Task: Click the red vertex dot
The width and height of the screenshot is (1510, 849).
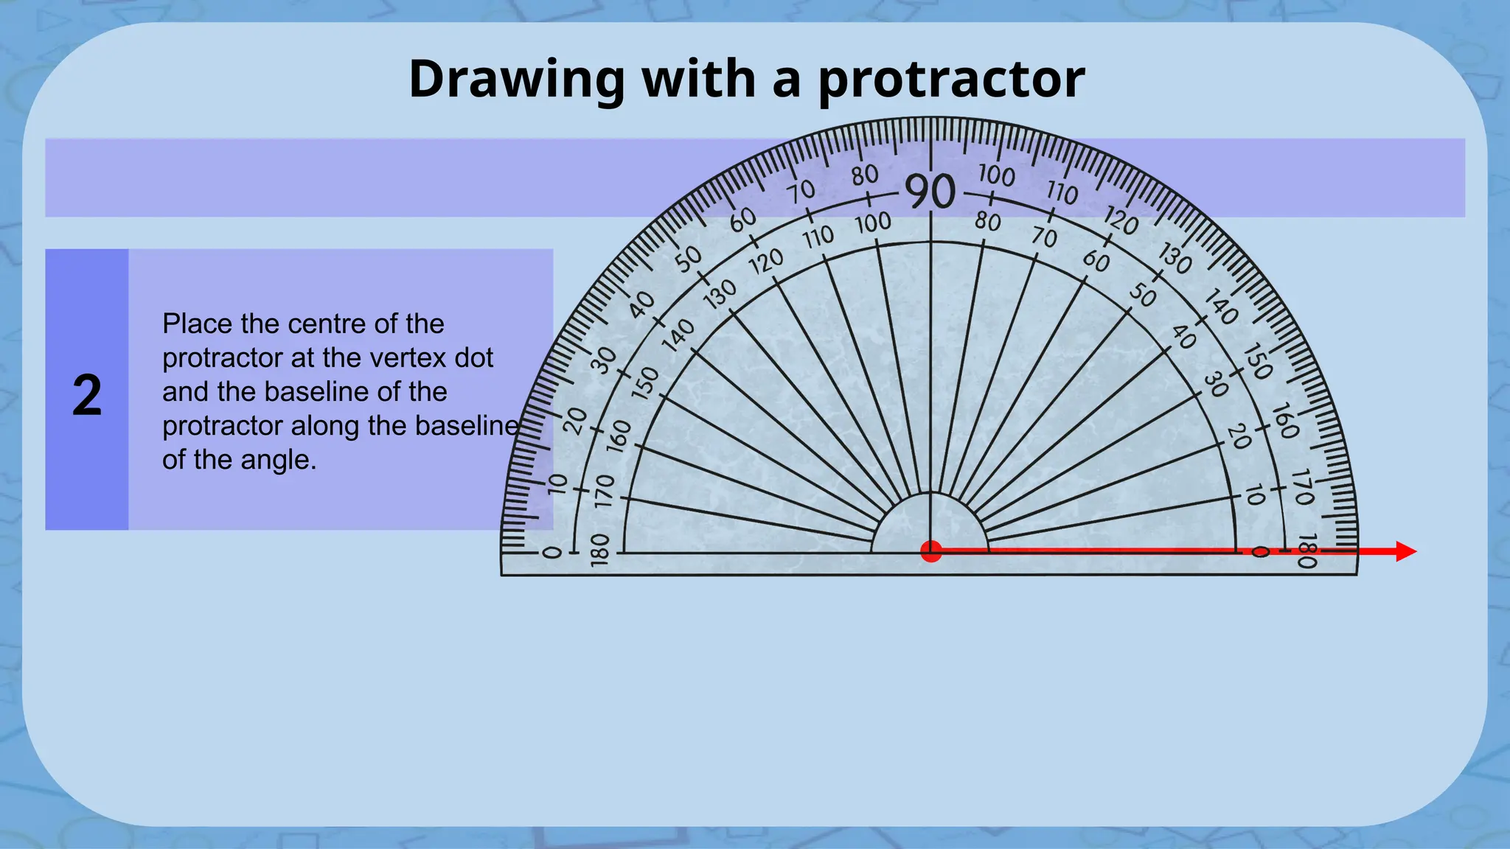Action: pyautogui.click(x=931, y=551)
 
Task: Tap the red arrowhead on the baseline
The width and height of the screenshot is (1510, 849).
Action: pyautogui.click(x=1405, y=551)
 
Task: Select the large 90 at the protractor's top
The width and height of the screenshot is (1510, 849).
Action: pyautogui.click(x=930, y=192)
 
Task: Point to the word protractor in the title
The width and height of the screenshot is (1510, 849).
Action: pyautogui.click(x=951, y=79)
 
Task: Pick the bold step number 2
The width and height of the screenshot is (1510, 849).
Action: pyautogui.click(x=87, y=396)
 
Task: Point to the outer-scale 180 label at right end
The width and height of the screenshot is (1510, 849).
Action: pyautogui.click(x=1306, y=551)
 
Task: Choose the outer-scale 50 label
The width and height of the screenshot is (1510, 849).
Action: pyautogui.click(x=689, y=259)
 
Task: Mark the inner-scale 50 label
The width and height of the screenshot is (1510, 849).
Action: pyautogui.click(x=1143, y=295)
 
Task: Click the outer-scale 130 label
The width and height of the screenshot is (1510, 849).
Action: pyautogui.click(x=1175, y=259)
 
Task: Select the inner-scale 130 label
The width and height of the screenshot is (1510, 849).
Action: pyautogui.click(x=720, y=294)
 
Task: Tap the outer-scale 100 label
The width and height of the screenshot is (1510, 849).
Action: pyautogui.click(x=997, y=175)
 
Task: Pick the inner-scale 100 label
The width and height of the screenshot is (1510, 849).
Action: pyautogui.click(x=873, y=223)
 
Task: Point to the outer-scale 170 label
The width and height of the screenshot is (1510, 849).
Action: pyautogui.click(x=1304, y=487)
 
